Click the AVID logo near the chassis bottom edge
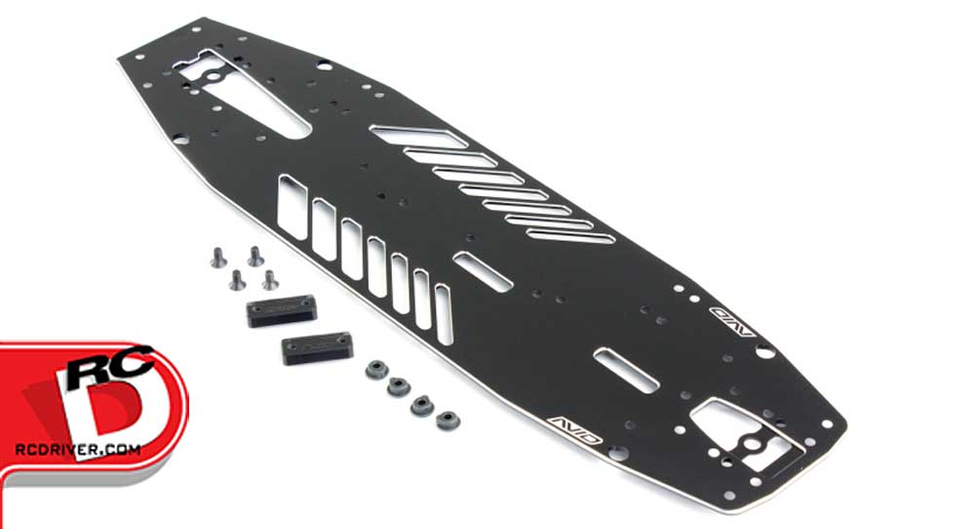pyautogui.click(x=574, y=429)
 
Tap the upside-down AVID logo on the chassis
pyautogui.click(x=732, y=321)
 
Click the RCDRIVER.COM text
pyautogui.click(x=78, y=449)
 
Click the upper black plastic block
pyautogui.click(x=282, y=311)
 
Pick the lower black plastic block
pyautogui.click(x=318, y=347)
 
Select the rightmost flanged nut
pyautogui.click(x=448, y=421)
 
